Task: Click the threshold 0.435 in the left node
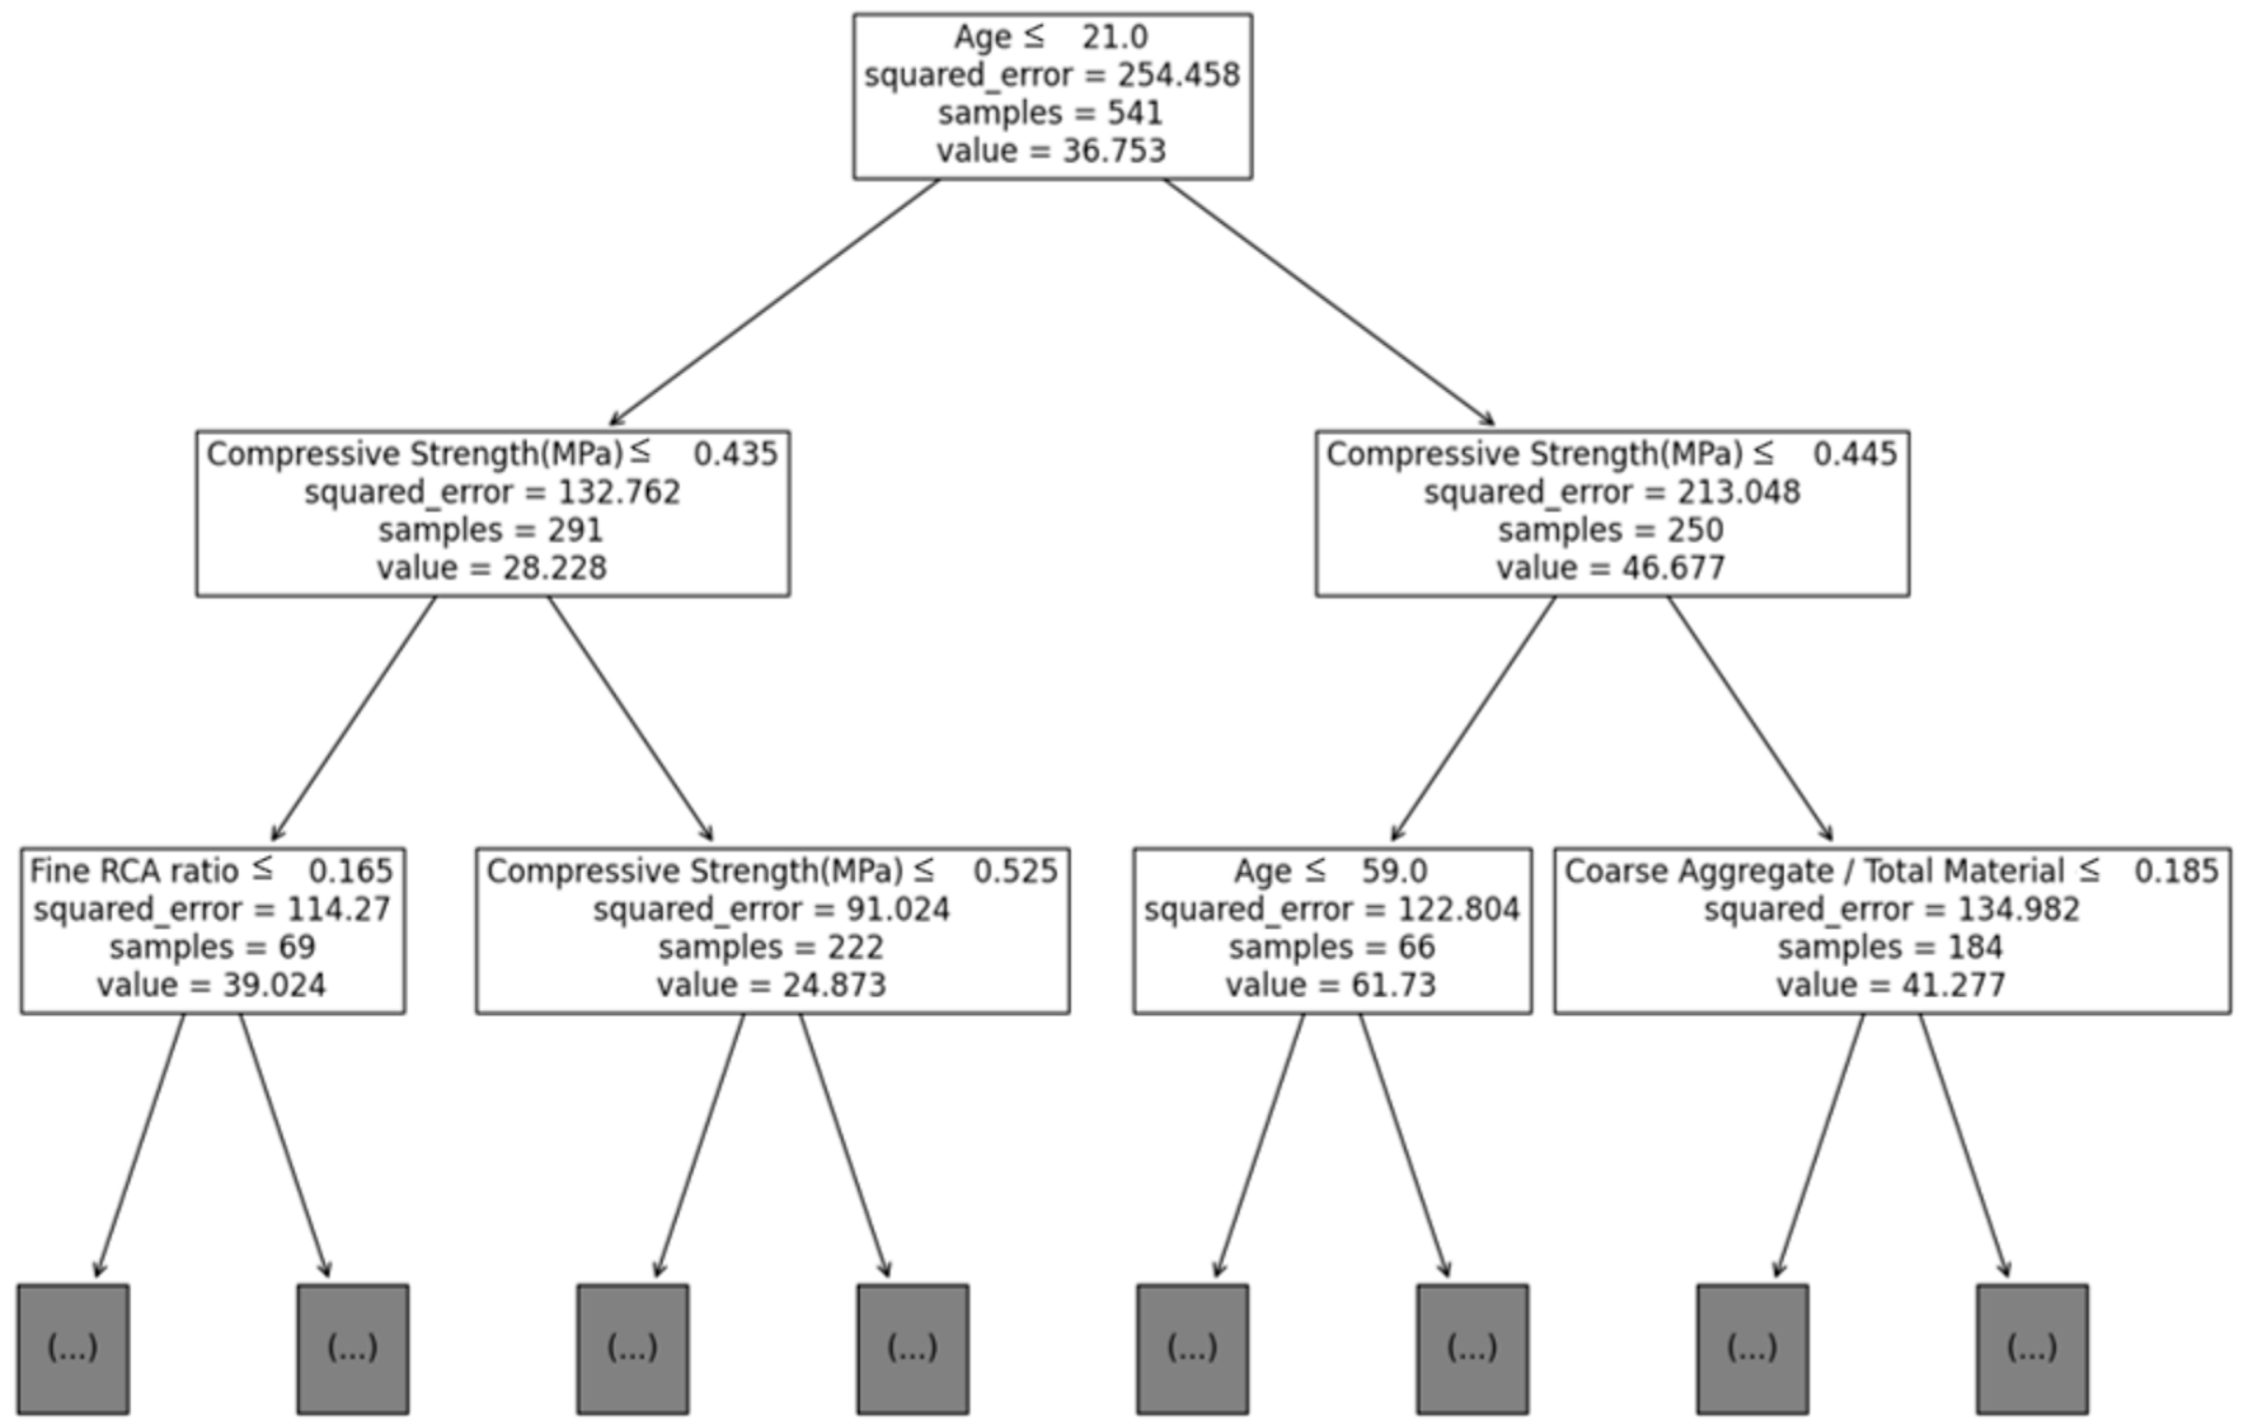735,455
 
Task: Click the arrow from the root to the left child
773,303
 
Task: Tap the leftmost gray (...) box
72,1349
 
